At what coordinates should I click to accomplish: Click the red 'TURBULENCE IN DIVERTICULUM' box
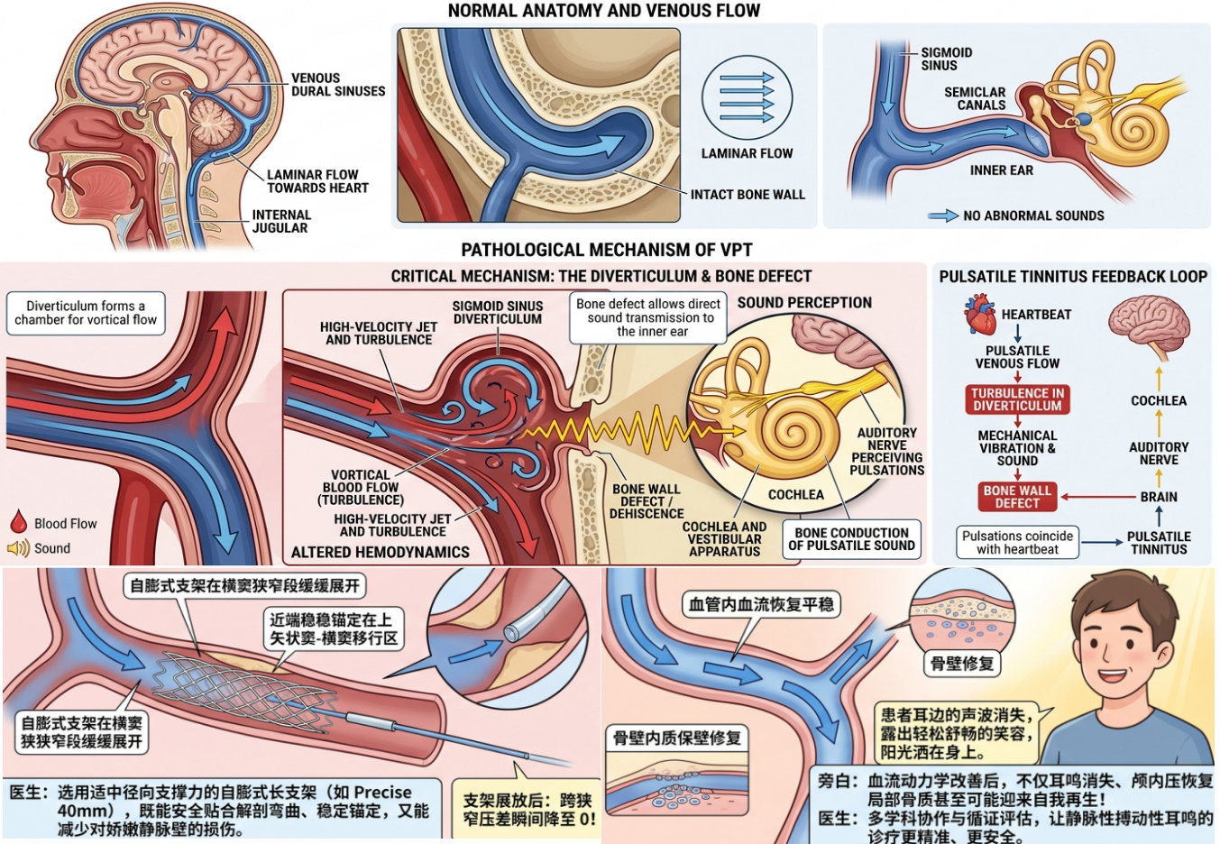pyautogui.click(x=1017, y=399)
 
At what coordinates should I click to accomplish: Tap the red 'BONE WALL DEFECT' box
pyautogui.click(x=1017, y=497)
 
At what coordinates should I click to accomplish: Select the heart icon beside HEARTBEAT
pyautogui.click(x=980, y=315)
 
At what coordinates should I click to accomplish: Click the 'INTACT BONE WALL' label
pyautogui.click(x=748, y=195)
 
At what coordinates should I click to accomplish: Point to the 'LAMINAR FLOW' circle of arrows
pyautogui.click(x=747, y=98)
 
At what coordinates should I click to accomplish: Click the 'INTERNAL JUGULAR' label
pyautogui.click(x=281, y=222)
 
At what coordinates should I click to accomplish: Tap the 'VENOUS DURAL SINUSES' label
pyautogui.click(x=337, y=85)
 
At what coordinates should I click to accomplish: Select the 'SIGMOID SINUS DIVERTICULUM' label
pyautogui.click(x=497, y=313)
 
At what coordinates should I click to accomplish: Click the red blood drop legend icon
pyautogui.click(x=19, y=521)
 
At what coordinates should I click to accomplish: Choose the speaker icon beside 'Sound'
pyautogui.click(x=18, y=547)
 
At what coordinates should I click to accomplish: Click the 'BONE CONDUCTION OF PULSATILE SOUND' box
pyautogui.click(x=851, y=539)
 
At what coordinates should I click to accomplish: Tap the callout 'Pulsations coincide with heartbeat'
pyautogui.click(x=1017, y=542)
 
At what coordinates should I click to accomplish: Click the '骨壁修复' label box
pyautogui.click(x=962, y=664)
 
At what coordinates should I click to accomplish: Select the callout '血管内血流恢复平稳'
pyautogui.click(x=761, y=604)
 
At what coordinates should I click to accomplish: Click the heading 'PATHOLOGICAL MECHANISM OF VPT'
pyautogui.click(x=607, y=250)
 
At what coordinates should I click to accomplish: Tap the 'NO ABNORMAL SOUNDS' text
pyautogui.click(x=1033, y=216)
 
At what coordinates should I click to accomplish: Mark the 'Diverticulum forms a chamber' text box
pyautogui.click(x=86, y=313)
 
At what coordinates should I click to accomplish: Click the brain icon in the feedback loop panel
pyautogui.click(x=1149, y=326)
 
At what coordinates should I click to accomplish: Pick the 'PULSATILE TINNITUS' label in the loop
pyautogui.click(x=1159, y=543)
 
